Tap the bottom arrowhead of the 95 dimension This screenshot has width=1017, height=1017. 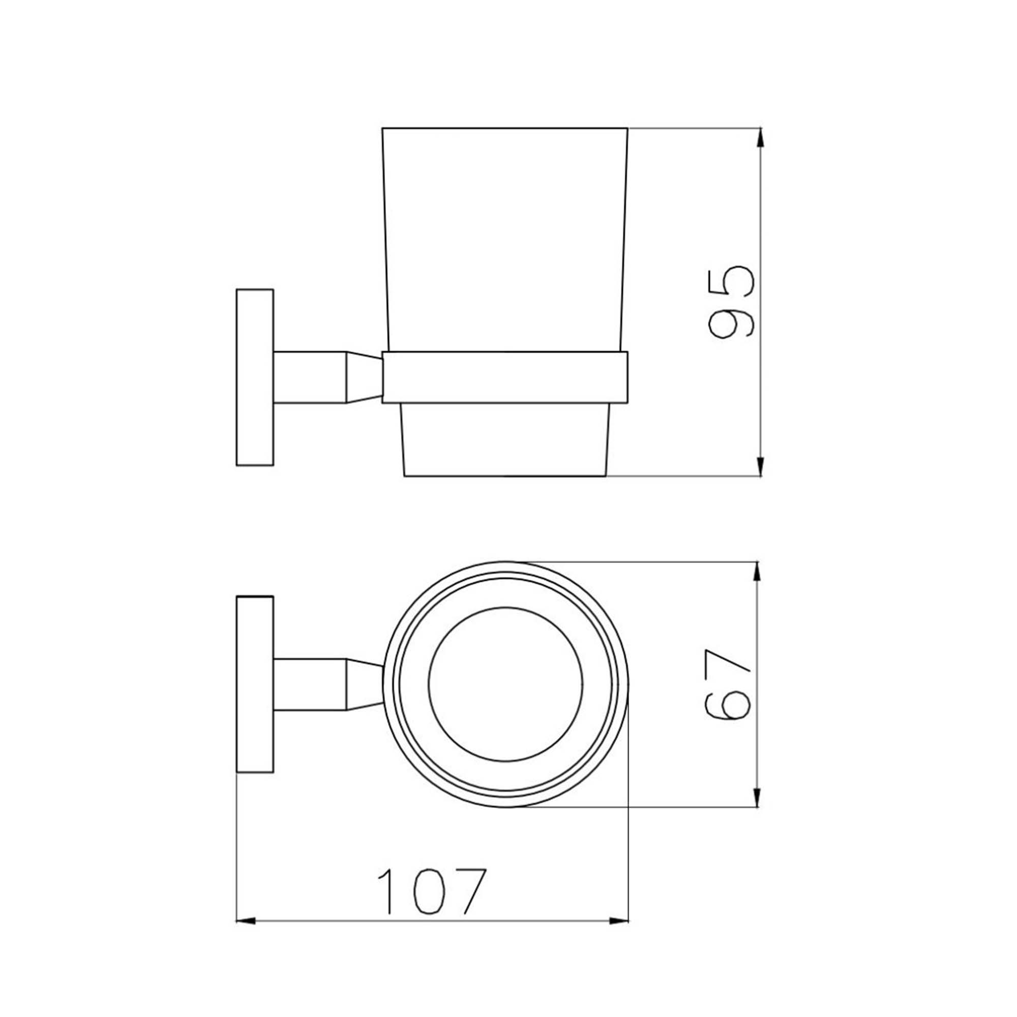pos(760,466)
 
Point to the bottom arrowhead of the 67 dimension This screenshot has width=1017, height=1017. pos(757,796)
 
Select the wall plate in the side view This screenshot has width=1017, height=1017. pos(255,377)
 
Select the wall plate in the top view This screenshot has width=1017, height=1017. pos(255,684)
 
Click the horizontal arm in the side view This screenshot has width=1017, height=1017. pos(309,377)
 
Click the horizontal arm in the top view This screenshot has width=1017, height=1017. pos(309,684)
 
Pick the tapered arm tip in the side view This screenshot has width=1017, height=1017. pos(363,377)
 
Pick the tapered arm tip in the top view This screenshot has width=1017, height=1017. pos(363,684)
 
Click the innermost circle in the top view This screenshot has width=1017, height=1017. pos(505,684)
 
